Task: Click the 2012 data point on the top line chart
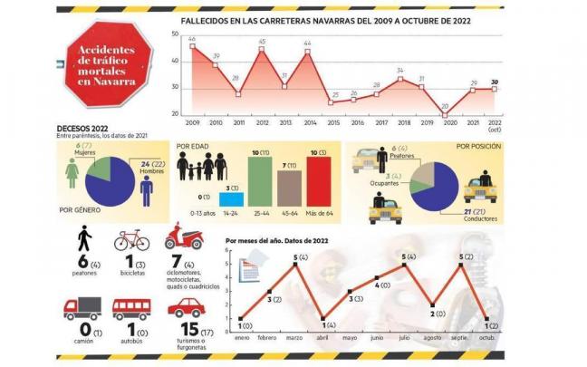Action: tap(262, 48)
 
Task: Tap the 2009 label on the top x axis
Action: tap(192, 122)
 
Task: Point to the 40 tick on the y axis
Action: tap(175, 61)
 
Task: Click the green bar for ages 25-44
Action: tap(259, 179)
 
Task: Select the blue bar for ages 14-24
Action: tap(231, 198)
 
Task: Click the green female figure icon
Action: tap(72, 175)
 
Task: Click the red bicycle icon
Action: tap(130, 240)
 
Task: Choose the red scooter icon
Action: tap(183, 238)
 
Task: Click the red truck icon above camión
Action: tap(82, 309)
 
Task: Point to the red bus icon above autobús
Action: tap(131, 309)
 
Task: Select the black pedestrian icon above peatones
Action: tap(83, 239)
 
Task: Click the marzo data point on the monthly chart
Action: tap(295, 264)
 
